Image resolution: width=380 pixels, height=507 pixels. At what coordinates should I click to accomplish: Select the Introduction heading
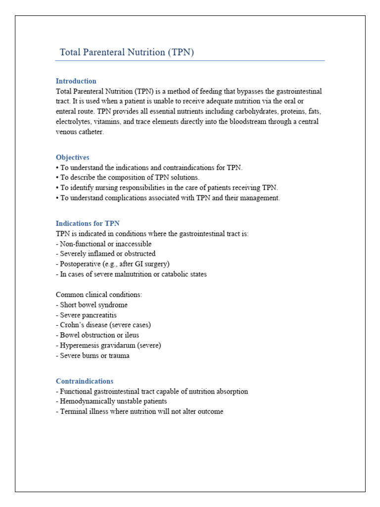coord(76,81)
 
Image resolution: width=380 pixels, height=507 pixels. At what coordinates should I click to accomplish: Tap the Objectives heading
coord(72,157)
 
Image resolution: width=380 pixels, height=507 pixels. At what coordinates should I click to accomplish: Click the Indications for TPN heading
coord(88,224)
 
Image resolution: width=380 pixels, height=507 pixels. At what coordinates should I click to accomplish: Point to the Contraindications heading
coord(85,381)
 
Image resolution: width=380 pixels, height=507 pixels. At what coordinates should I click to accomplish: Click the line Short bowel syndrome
coord(94,305)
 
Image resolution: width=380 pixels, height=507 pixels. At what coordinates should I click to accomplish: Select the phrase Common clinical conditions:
coord(99,295)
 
